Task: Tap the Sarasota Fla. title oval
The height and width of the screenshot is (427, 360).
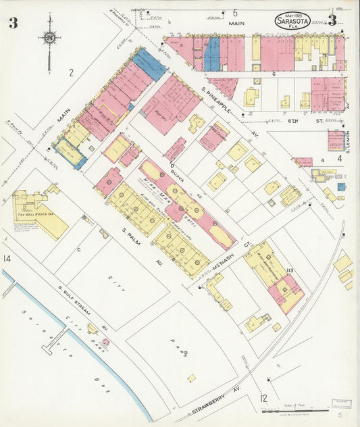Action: pyautogui.click(x=293, y=21)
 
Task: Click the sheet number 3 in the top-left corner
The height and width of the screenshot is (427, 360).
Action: pyautogui.click(x=13, y=23)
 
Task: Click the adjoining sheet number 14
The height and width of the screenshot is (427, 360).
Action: pyautogui.click(x=7, y=259)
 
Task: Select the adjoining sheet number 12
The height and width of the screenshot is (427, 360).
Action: pyautogui.click(x=263, y=399)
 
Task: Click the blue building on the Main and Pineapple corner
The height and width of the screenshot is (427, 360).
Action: pyautogui.click(x=149, y=64)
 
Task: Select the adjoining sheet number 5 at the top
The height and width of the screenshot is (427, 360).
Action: pyautogui.click(x=235, y=12)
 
